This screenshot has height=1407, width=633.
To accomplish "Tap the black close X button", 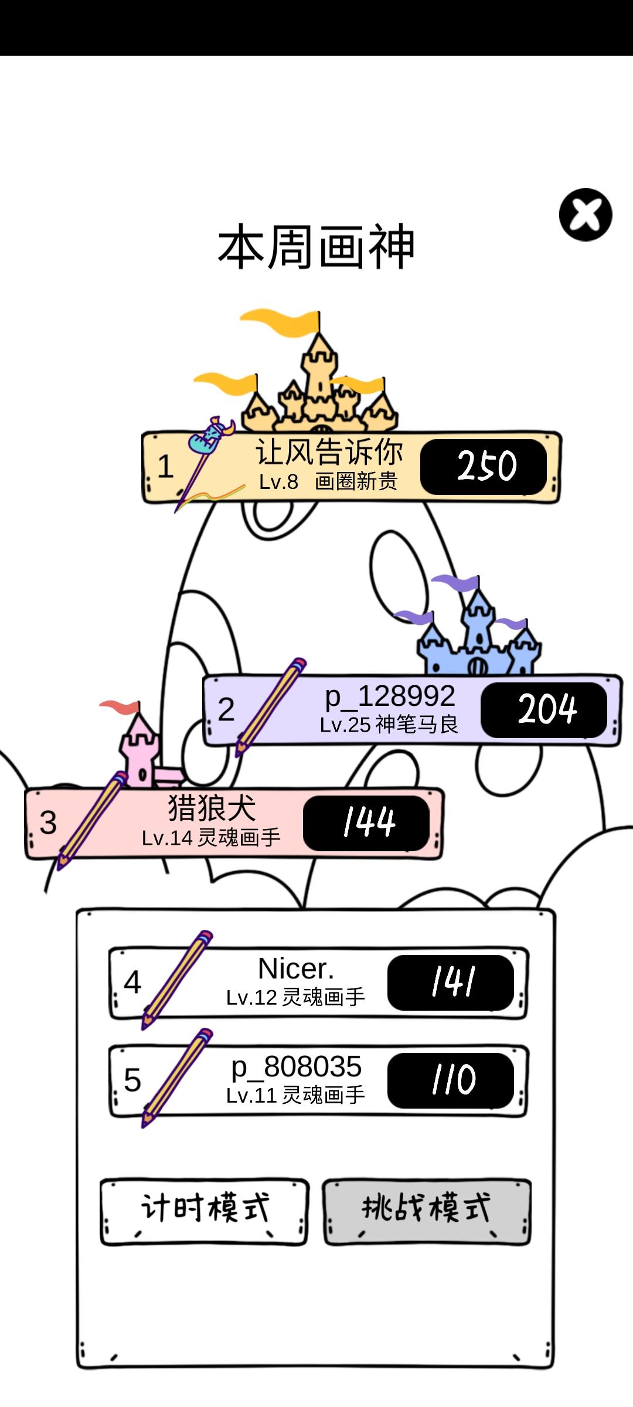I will point(586,215).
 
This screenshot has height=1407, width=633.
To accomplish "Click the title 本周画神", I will point(316,247).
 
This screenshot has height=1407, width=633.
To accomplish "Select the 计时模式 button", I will point(204,1211).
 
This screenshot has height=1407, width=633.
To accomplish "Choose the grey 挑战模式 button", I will point(427,1211).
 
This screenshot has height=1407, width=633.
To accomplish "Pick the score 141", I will point(451,982).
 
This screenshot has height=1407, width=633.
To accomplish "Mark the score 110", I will point(451,1080).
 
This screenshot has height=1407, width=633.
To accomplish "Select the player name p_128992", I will point(390,696).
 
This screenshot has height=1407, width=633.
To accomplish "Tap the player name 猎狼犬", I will point(212,808).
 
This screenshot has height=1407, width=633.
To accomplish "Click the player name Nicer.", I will point(296,969).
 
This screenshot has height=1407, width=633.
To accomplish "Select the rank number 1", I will point(165,467).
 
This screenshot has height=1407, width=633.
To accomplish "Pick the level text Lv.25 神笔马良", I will point(389,725).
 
